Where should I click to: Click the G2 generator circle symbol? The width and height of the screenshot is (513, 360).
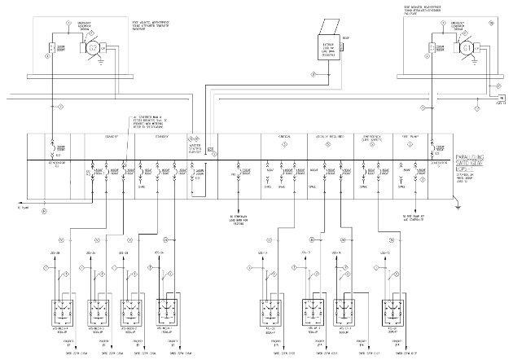[x=93, y=48]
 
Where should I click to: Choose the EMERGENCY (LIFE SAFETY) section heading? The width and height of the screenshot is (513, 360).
[x=371, y=139]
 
